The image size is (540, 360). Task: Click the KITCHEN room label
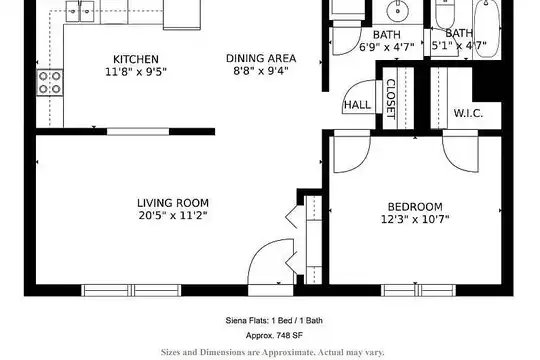[x=136, y=59]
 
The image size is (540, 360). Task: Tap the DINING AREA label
[x=261, y=58]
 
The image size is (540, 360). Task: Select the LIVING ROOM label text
[x=173, y=203]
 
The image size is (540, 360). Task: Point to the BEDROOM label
[x=415, y=207]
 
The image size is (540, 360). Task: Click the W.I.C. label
[x=468, y=113]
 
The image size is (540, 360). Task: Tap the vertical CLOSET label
[x=391, y=99]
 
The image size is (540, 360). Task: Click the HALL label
[x=357, y=105]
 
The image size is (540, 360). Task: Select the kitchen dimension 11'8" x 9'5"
[x=136, y=72]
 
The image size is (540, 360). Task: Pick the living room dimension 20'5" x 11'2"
[x=173, y=216]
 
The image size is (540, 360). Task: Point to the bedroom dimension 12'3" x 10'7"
[x=415, y=219]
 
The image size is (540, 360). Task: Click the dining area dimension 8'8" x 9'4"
[x=261, y=71]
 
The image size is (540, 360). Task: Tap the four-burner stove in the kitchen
[x=50, y=83]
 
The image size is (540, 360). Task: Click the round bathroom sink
[x=397, y=11]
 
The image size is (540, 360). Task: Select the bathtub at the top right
[x=487, y=29]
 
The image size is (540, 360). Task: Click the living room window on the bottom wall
[x=131, y=290]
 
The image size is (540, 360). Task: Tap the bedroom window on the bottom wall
[x=418, y=290]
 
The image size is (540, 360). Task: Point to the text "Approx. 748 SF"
[x=274, y=335]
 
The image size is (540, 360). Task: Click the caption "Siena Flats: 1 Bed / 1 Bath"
[x=274, y=320]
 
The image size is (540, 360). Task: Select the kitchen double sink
[x=80, y=11]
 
